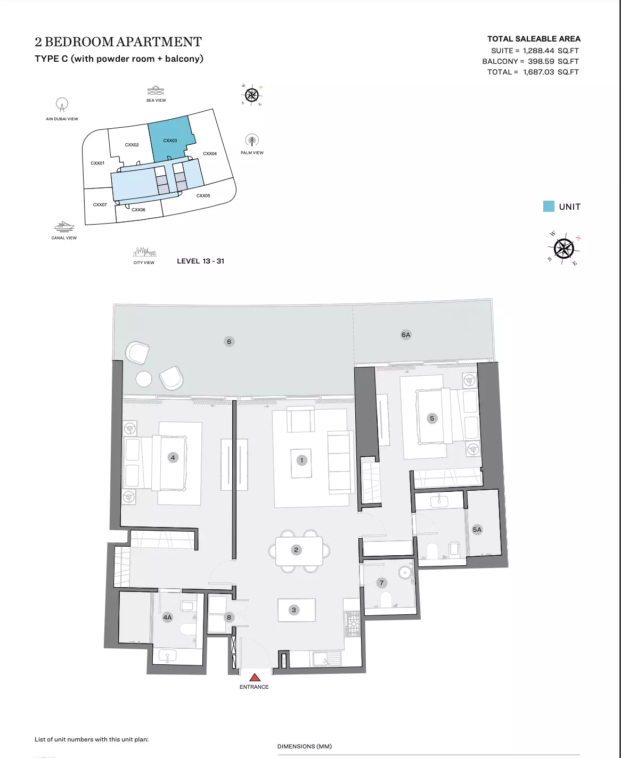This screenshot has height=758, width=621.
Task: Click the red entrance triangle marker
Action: coord(255,678)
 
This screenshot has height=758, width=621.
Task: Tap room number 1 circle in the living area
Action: coord(301,460)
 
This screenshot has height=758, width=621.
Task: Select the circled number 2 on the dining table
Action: coord(296,549)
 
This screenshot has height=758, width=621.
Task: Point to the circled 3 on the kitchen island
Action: coord(294,610)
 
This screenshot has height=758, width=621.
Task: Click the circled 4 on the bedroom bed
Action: coord(173,458)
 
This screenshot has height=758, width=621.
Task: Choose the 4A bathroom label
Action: coord(168,617)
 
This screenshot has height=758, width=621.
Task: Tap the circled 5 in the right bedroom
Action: coord(432,418)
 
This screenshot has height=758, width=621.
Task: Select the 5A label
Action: coord(477,530)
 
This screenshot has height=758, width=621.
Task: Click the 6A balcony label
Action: coord(406,335)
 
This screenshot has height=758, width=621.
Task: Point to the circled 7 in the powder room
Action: coord(381,583)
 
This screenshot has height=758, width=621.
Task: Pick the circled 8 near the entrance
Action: coord(229,617)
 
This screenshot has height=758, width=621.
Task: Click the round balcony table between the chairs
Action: coord(144,379)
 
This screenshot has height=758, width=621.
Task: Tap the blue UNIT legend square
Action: coord(549,207)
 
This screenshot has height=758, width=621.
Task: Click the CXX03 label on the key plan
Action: coord(170,141)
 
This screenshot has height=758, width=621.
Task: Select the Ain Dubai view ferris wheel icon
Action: coord(62,104)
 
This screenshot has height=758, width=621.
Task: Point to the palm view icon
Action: coord(252,141)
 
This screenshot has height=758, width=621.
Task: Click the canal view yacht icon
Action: coord(64,226)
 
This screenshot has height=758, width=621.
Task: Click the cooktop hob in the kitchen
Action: coord(353,624)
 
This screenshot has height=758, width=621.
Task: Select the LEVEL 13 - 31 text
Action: coord(201,261)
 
